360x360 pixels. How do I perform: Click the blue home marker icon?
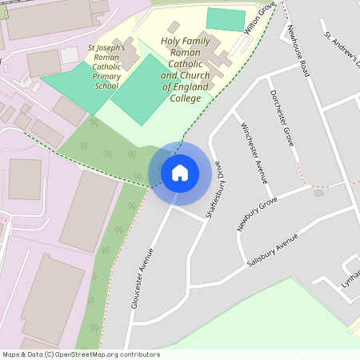(180, 173)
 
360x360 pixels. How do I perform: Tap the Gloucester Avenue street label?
(142, 278)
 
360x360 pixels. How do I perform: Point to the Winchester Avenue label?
(254, 153)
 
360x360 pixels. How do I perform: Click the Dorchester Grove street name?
(282, 118)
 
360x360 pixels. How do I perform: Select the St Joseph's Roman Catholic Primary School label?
(106, 67)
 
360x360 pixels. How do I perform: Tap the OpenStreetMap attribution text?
(81, 354)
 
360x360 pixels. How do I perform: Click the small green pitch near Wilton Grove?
(226, 19)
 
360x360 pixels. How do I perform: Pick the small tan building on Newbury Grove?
(320, 193)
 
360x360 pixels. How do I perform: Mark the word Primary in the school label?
(107, 77)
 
